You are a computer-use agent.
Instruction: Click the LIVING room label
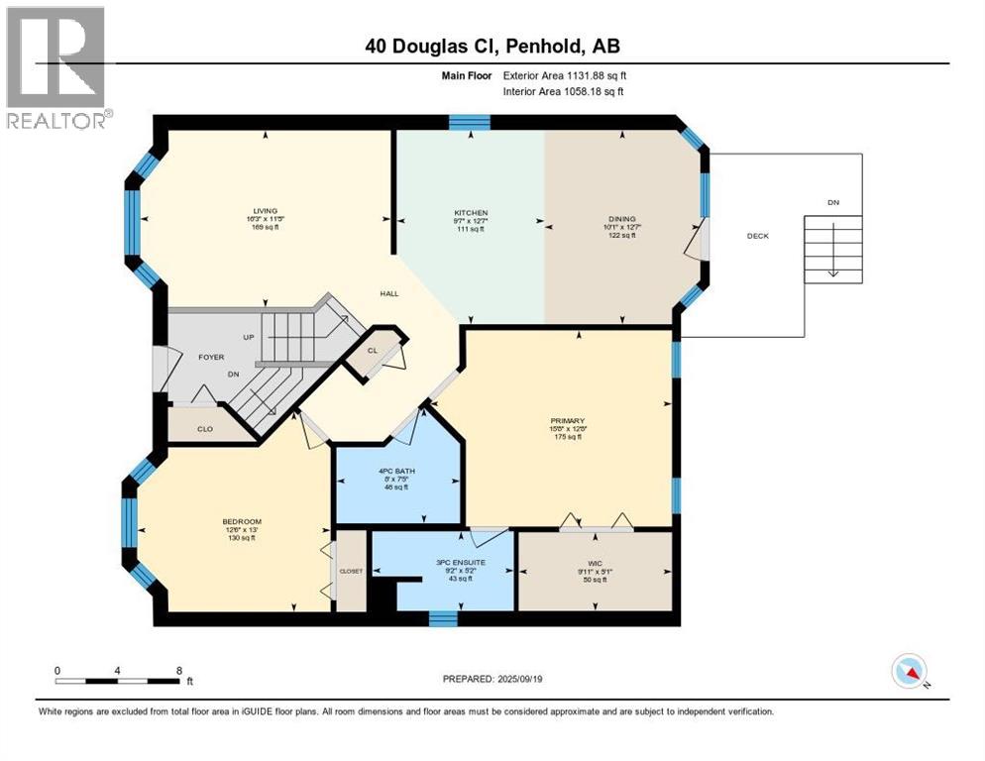265,210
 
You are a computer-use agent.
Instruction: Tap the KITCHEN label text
471,213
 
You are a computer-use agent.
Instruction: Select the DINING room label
621,219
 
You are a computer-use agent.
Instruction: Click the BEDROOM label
242,521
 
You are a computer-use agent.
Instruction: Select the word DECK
757,236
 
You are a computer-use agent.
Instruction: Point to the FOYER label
210,357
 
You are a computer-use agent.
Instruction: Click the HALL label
389,293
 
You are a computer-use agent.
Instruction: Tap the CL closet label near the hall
372,350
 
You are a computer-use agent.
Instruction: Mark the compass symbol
909,672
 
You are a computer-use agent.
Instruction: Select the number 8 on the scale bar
178,670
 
